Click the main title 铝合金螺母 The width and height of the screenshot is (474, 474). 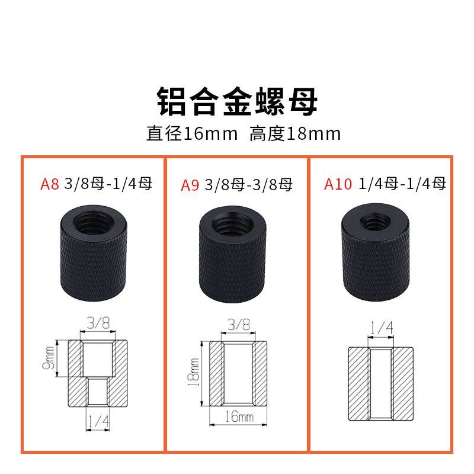237,101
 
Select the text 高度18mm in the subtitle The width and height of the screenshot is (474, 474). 295,133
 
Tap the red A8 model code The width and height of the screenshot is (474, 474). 49,184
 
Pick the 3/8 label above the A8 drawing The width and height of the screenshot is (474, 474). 97,323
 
